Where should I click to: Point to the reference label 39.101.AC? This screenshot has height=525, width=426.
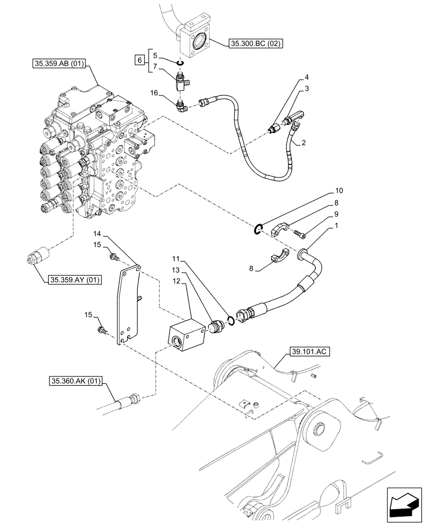point(308,352)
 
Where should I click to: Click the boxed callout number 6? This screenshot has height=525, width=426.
point(139,61)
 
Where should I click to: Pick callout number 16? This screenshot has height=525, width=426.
point(154,92)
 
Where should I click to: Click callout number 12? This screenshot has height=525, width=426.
point(178,281)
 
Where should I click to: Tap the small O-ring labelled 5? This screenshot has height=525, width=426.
point(179,64)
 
